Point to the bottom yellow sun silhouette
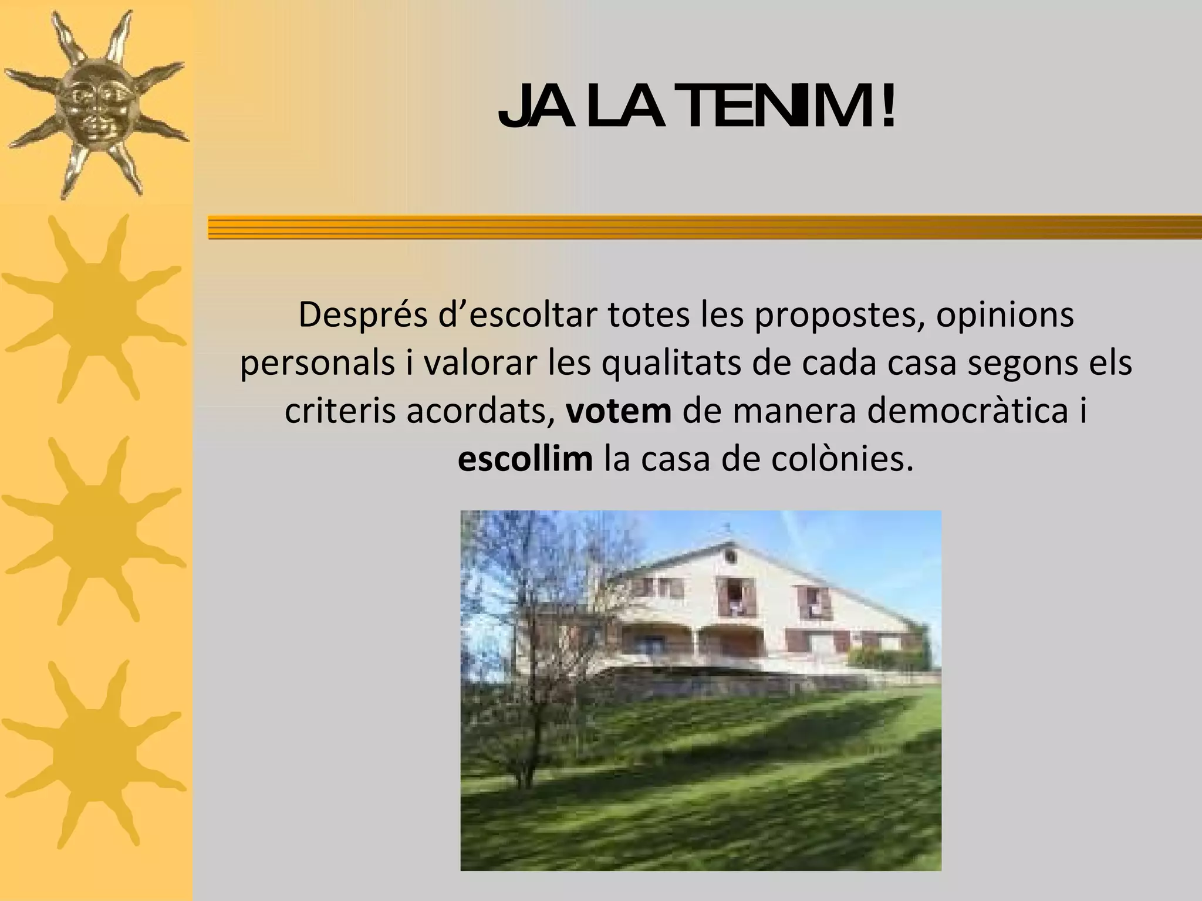pos(94,754)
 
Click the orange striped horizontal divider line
pos(704,227)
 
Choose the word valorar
pos(480,364)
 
